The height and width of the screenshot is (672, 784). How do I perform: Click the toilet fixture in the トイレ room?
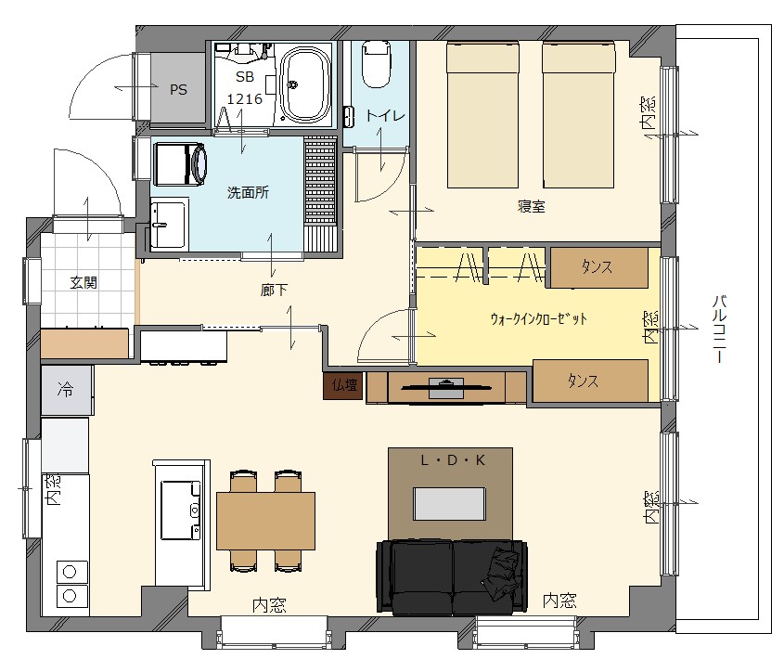pos(376,63)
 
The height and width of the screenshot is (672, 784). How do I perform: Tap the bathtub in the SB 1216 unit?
pos(305,85)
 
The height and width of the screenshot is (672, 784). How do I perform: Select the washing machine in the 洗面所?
pos(181,164)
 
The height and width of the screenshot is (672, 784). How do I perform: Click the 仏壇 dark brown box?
pos(343,385)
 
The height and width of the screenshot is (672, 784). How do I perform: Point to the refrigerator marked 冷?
pos(67,390)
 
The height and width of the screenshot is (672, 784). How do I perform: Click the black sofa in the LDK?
pos(452,577)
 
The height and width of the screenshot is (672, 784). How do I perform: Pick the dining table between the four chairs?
pos(265,521)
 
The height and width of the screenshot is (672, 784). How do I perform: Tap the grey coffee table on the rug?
pos(449,504)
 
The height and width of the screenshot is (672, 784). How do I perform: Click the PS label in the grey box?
pos(178,90)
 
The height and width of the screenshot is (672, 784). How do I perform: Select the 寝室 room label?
pos(531,206)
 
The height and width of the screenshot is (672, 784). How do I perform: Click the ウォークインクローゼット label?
pos(538,318)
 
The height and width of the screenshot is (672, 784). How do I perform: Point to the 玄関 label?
pos(84,283)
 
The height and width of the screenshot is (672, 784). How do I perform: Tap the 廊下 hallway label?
pos(274,291)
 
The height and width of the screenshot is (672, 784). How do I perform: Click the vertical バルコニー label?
pos(719,329)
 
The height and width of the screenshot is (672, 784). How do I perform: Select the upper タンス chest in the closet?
pos(598,267)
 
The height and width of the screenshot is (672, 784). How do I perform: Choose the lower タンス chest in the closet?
pos(590,381)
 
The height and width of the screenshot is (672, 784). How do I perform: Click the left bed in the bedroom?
pos(482,115)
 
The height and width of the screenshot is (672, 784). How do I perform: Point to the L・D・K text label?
pos(453,459)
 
